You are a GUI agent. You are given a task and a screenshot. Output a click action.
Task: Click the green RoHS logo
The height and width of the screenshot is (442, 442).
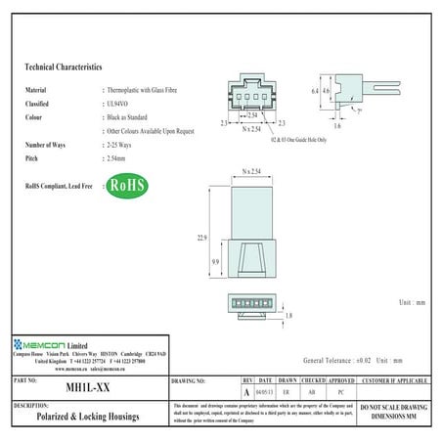(125, 185)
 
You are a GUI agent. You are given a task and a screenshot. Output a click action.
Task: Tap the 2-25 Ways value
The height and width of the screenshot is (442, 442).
(123, 143)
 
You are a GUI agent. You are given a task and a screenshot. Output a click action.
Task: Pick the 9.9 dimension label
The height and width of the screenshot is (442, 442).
(215, 263)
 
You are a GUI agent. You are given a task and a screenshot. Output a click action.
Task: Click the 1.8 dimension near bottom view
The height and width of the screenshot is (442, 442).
(289, 315)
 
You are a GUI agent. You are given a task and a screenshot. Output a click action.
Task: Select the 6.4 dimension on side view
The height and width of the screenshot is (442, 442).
(315, 90)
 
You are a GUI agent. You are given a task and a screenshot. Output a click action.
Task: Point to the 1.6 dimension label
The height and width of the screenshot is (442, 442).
(336, 127)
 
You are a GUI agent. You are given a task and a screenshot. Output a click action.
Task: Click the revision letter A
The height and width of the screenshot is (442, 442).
(246, 390)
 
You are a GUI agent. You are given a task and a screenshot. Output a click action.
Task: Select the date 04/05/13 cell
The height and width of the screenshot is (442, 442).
(265, 390)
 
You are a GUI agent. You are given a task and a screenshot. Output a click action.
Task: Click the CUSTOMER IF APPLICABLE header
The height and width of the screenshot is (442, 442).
(395, 379)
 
